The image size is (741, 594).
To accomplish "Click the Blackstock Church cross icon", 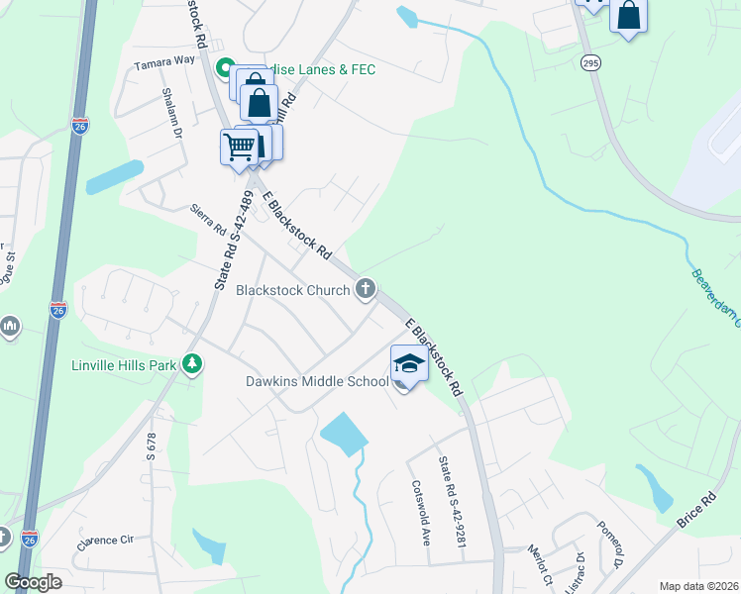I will [x=366, y=289].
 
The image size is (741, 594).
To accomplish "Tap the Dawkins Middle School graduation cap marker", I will [x=409, y=363].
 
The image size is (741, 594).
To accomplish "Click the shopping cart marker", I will [x=239, y=148].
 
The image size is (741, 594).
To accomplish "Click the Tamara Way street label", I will [x=165, y=61].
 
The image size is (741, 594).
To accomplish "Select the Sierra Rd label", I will [x=209, y=218].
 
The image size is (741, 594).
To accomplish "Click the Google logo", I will [x=33, y=581].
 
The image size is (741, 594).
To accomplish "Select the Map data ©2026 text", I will [x=697, y=585].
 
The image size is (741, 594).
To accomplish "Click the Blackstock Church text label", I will [x=292, y=290].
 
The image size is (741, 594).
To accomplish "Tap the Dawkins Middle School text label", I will [x=317, y=381].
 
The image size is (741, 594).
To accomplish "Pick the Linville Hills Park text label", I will [x=124, y=365].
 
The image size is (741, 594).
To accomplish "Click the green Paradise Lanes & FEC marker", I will [x=224, y=69].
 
